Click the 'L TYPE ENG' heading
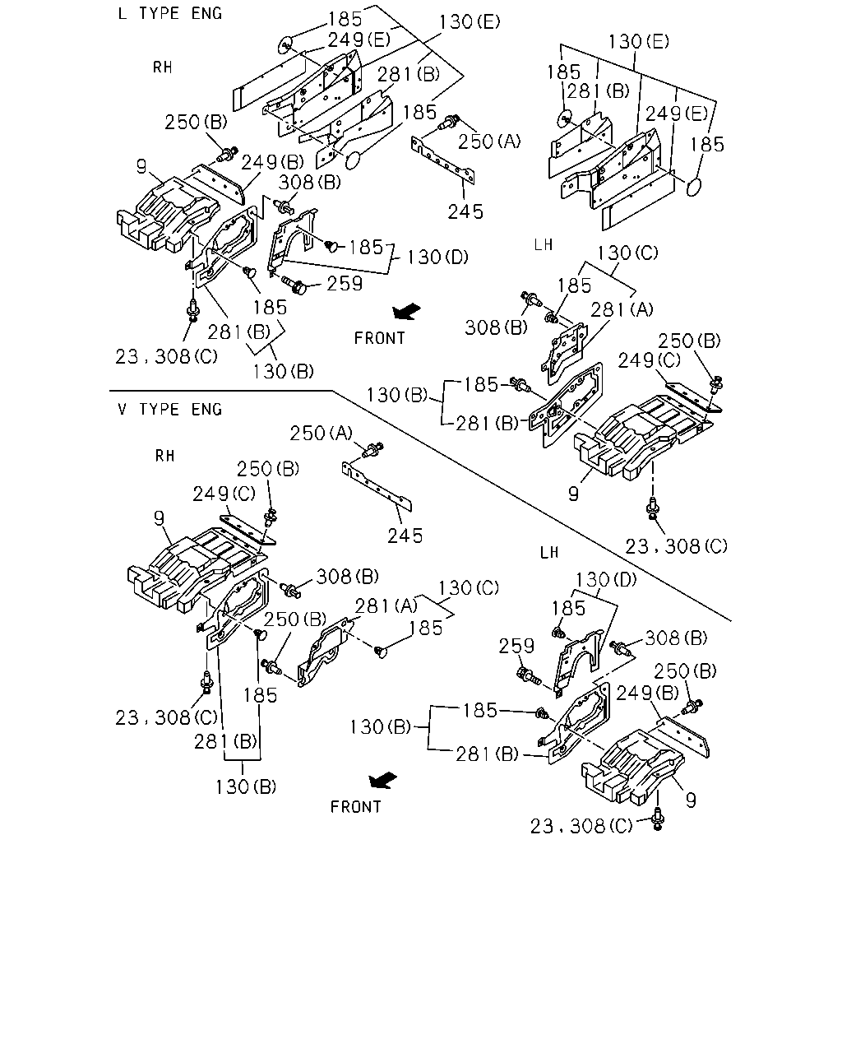point(169,13)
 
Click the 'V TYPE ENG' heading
point(169,409)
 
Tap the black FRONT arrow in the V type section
point(382,780)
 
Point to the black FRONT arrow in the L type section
point(406,311)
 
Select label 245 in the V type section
point(405,536)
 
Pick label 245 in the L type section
point(465,212)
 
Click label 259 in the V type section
point(516,646)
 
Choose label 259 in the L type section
point(345,283)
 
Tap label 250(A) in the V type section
point(321,433)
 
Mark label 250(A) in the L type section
point(489,141)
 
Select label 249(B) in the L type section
point(272,161)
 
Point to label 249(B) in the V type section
point(647,693)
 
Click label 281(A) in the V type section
point(386,605)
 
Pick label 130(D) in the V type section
point(606,580)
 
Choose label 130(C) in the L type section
point(627,253)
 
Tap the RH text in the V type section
point(165,456)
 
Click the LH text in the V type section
point(549,553)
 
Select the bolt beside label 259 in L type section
point(294,285)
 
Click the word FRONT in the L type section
point(380,338)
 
